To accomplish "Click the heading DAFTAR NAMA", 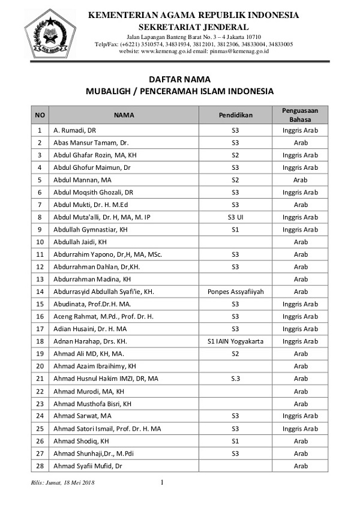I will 179,79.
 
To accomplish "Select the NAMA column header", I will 124,114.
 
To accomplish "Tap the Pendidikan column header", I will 235,114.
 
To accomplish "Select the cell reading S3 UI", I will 235,217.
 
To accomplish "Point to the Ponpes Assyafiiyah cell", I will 235,292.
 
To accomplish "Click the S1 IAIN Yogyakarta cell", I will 235,341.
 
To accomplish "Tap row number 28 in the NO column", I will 40,466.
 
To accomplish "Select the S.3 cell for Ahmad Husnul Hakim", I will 235,379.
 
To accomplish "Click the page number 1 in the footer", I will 163,482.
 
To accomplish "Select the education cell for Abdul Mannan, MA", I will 235,180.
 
